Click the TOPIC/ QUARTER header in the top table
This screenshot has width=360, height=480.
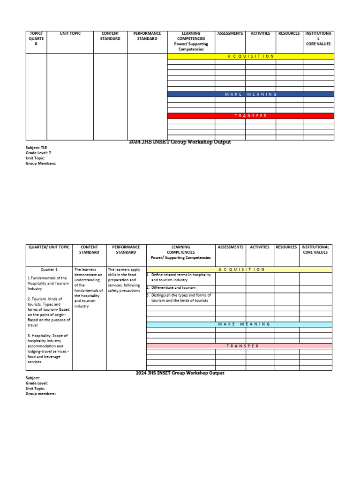click(36, 38)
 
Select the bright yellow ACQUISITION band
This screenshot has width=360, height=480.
click(251, 56)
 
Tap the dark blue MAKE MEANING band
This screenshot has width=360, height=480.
click(251, 94)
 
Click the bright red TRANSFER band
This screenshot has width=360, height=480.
click(251, 116)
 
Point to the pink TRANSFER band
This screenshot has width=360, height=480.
click(240, 346)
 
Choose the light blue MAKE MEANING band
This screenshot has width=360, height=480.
click(240, 324)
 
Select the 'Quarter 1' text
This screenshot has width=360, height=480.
click(49, 270)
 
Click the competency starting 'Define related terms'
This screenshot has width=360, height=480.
click(180, 277)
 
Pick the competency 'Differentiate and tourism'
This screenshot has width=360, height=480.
click(173, 287)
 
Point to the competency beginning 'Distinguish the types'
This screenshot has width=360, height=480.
click(180, 298)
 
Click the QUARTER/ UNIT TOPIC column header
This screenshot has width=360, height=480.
click(49, 247)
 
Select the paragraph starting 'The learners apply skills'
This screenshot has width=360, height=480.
click(124, 280)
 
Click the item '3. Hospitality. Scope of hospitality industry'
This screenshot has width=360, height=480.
click(49, 349)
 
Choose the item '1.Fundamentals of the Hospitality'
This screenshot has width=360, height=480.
click(48, 283)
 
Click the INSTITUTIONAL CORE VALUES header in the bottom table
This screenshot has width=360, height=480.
click(315, 249)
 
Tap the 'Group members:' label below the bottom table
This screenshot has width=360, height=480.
click(41, 394)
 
